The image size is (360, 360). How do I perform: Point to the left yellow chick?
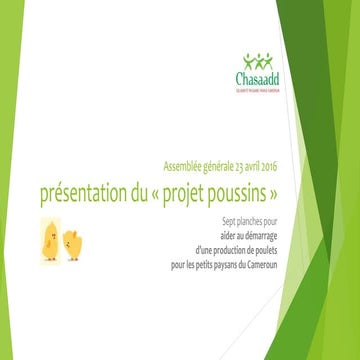click(x=49, y=243)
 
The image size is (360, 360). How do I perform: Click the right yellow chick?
click(x=72, y=243)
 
